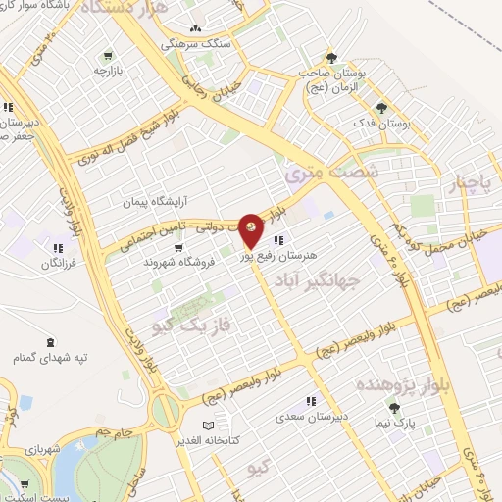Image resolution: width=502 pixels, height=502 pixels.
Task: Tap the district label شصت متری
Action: pyautogui.click(x=317, y=173)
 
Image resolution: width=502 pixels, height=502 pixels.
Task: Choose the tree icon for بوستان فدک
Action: pyautogui.click(x=381, y=109)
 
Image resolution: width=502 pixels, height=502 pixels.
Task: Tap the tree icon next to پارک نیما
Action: pyautogui.click(x=394, y=408)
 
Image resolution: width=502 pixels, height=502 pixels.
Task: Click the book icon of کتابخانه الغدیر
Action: pyautogui.click(x=207, y=425)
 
